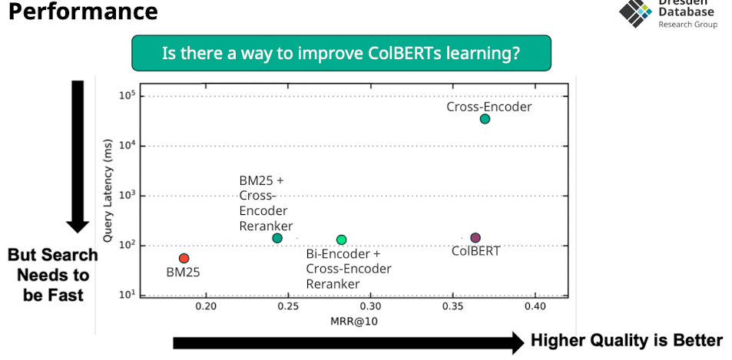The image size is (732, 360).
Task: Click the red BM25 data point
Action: (x=184, y=259)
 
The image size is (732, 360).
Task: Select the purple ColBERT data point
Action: (x=475, y=238)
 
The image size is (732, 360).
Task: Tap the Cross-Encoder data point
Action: (x=485, y=119)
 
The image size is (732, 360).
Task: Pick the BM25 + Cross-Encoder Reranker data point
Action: (x=277, y=238)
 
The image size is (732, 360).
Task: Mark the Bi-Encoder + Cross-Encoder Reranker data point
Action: (x=342, y=240)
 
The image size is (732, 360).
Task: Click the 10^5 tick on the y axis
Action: (x=128, y=96)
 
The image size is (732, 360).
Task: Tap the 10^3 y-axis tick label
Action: (x=128, y=196)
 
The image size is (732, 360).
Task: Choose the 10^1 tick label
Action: (x=128, y=295)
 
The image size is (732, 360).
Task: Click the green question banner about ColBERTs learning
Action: (x=341, y=54)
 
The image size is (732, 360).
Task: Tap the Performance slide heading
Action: (x=84, y=12)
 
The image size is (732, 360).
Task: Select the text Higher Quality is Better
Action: (x=627, y=341)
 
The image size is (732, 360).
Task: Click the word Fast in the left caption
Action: (x=63, y=295)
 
